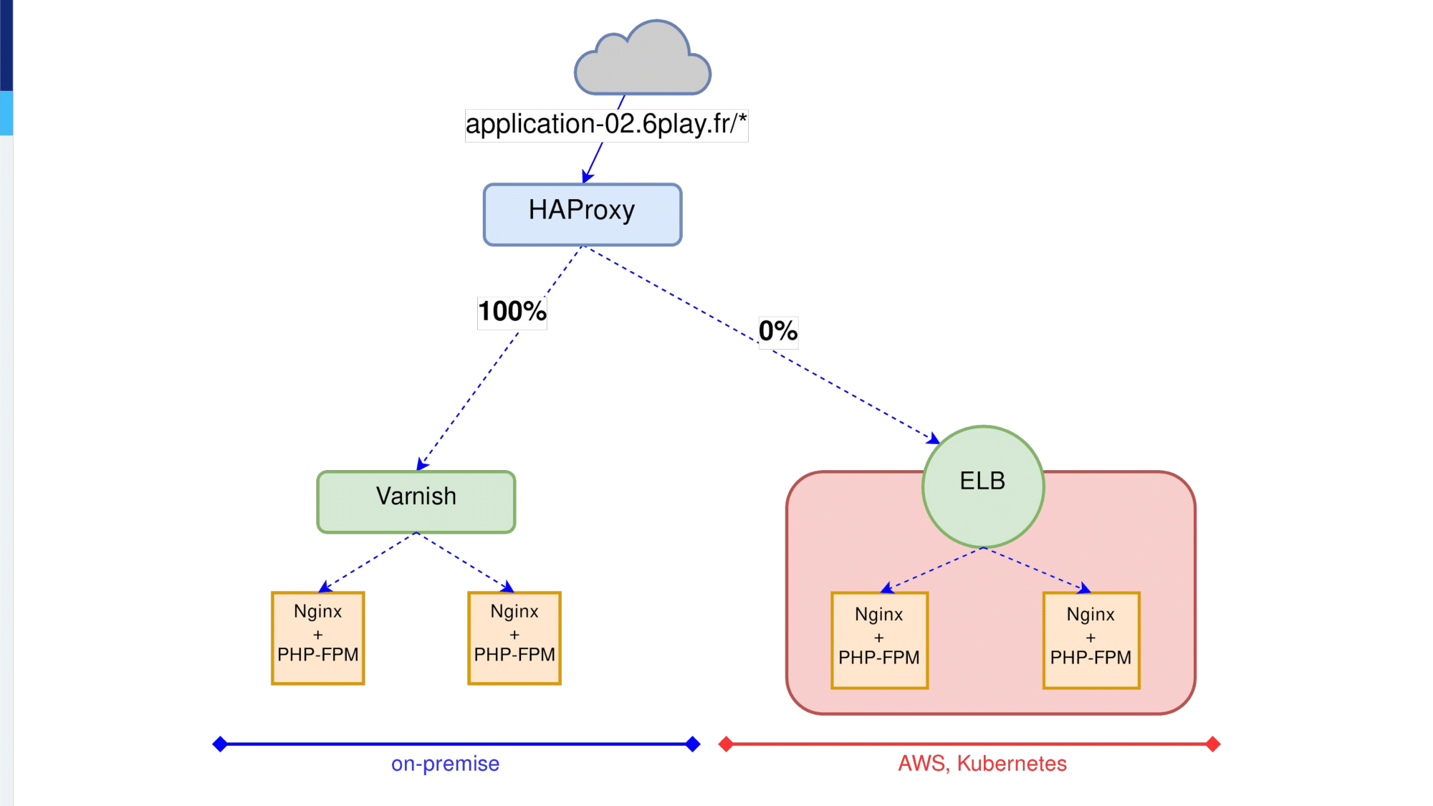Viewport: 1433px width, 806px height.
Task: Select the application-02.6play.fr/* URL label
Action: pos(606,125)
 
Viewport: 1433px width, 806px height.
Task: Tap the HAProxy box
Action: pos(583,214)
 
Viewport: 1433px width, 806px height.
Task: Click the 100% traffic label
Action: pos(512,312)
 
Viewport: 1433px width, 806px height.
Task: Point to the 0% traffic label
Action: pos(778,331)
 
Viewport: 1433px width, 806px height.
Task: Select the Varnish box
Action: pos(416,502)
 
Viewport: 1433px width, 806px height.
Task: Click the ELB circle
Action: pos(983,486)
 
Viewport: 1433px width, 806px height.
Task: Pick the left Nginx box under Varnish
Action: pos(318,638)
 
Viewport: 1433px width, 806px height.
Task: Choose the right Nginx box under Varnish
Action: pos(514,638)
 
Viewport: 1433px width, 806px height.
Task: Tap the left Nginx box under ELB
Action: pos(880,641)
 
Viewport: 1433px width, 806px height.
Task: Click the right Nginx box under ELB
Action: pos(1091,641)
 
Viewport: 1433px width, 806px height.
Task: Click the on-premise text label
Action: pos(445,764)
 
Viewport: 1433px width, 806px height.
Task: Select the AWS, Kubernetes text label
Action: pos(982,764)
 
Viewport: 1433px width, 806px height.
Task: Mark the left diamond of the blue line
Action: pos(220,744)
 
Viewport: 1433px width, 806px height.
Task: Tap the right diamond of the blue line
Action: pos(693,744)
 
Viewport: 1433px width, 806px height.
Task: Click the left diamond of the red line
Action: pos(726,744)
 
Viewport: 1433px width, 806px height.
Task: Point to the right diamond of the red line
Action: pos(1213,744)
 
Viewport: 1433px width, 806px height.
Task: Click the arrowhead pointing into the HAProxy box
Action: pos(588,176)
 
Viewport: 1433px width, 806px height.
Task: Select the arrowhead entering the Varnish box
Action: pos(422,464)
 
